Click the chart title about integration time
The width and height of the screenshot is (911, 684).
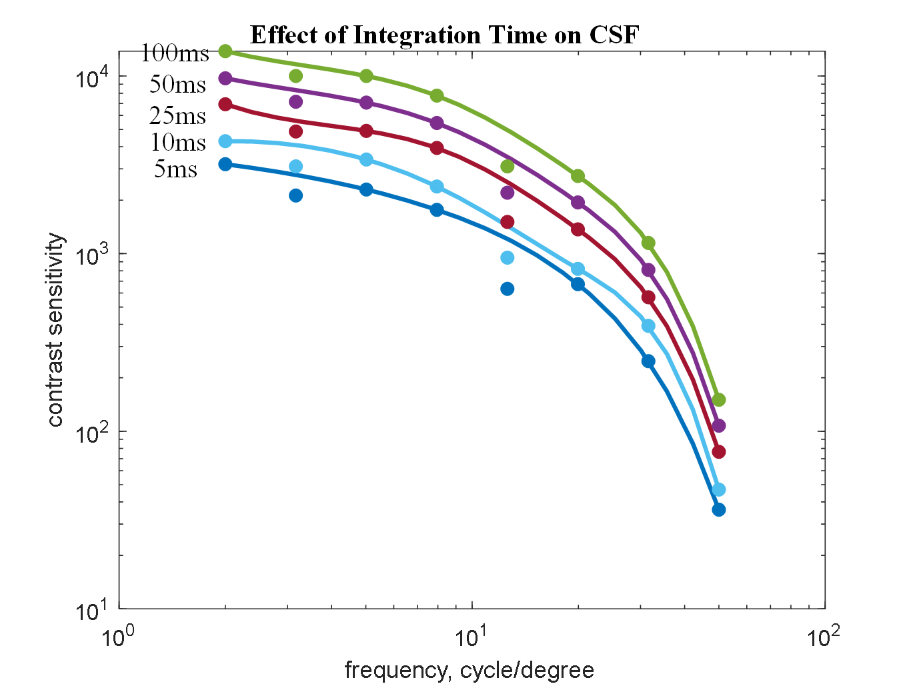444,35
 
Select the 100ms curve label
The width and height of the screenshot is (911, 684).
175,53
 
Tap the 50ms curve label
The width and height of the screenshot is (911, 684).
177,84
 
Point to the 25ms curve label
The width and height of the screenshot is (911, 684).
177,116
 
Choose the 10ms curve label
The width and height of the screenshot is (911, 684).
177,142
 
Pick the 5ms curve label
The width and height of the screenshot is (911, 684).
175,169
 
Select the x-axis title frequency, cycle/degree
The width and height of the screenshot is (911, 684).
469,669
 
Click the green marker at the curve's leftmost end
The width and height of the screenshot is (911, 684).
225,51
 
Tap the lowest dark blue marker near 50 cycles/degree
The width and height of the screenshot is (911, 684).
718,509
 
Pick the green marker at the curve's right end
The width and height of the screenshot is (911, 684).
718,400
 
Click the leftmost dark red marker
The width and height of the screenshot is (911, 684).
225,104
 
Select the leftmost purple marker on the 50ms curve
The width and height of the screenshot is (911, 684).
225,78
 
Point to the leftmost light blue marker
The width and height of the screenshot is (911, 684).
225,141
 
